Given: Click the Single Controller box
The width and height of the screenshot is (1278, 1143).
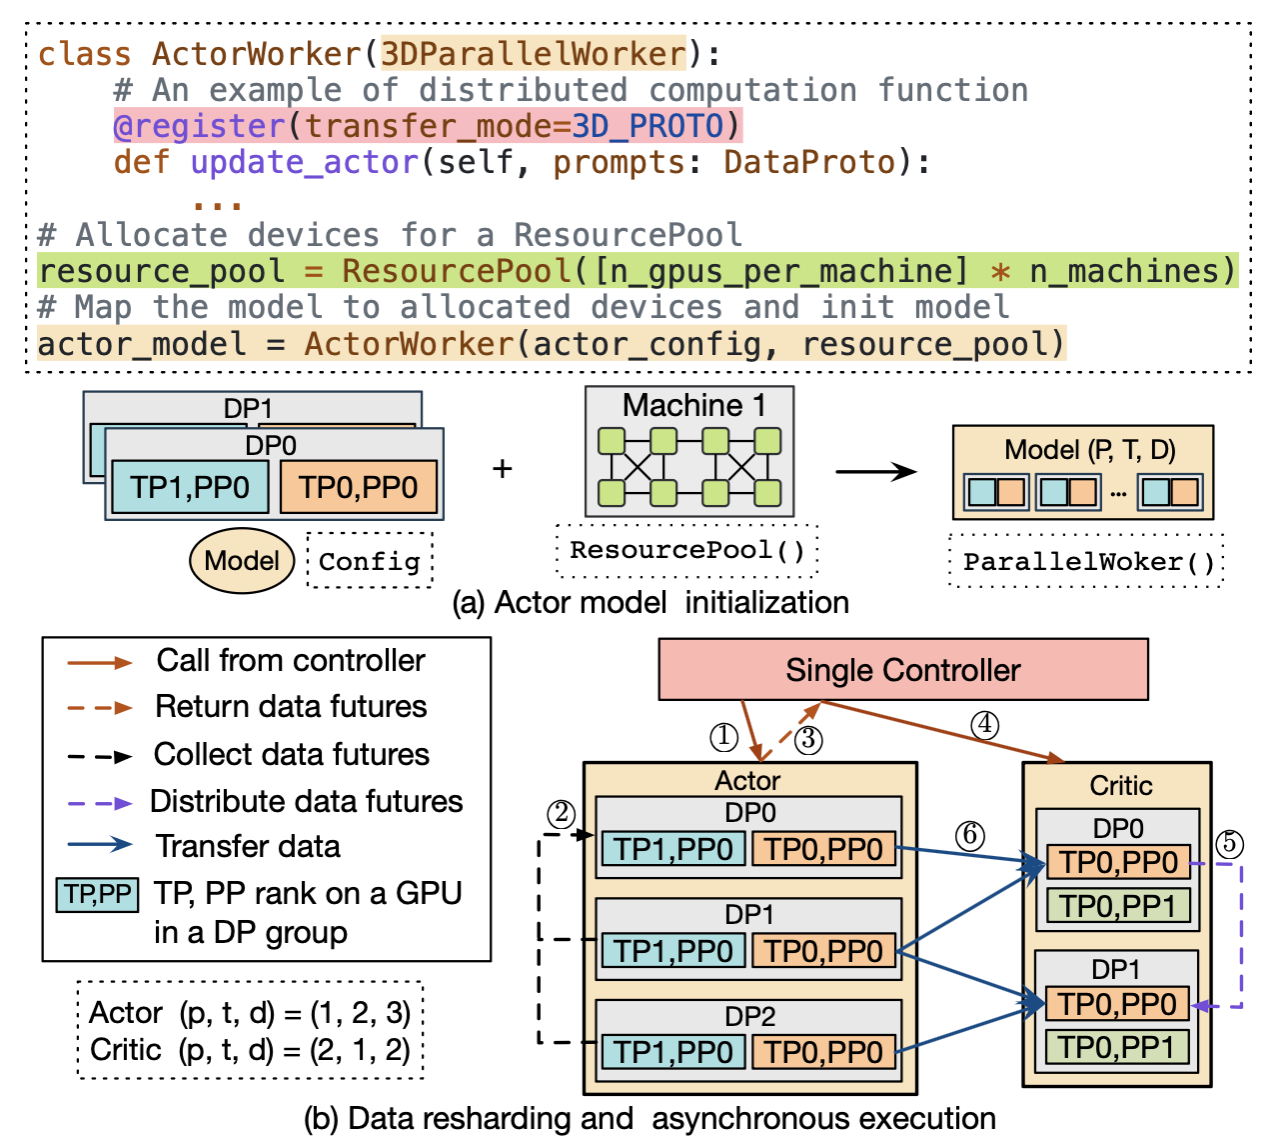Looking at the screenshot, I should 902,670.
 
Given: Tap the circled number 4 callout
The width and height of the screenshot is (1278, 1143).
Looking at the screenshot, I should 985,724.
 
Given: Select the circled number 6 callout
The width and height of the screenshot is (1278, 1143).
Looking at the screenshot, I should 969,835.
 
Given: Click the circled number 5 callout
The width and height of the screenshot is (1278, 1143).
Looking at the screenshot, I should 1230,843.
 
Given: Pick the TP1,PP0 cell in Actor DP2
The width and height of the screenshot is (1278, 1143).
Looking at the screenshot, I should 672,1052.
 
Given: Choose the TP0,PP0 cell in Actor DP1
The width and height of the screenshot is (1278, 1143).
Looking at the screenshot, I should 823,951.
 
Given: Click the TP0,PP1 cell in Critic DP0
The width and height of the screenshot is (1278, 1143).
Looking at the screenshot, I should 1118,906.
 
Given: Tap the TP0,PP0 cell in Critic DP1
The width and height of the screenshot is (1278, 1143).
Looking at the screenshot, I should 1117,1003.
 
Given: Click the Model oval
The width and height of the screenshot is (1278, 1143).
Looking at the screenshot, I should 242,560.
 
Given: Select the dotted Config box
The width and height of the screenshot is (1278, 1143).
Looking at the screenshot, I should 370,561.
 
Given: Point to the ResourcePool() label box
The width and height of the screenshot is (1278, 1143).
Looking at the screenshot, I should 687,550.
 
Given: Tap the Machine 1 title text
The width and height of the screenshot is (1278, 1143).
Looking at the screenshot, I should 693,405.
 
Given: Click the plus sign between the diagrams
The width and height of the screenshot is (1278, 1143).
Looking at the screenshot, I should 503,468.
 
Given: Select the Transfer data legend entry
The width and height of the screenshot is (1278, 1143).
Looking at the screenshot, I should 247,846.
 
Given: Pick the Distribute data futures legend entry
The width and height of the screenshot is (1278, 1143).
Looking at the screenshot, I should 306,801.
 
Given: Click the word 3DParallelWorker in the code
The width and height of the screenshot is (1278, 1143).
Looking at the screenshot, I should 535,53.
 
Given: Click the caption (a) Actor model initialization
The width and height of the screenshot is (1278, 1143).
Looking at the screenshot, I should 650,602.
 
